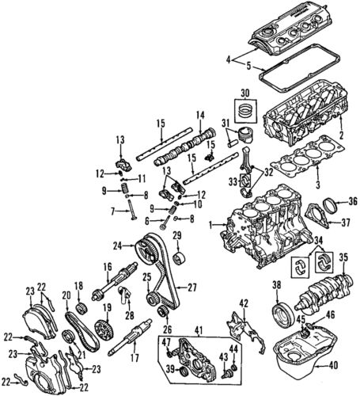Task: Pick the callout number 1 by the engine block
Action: pos(210,225)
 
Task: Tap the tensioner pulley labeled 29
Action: pos(178,259)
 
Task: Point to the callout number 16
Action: pos(104,267)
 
